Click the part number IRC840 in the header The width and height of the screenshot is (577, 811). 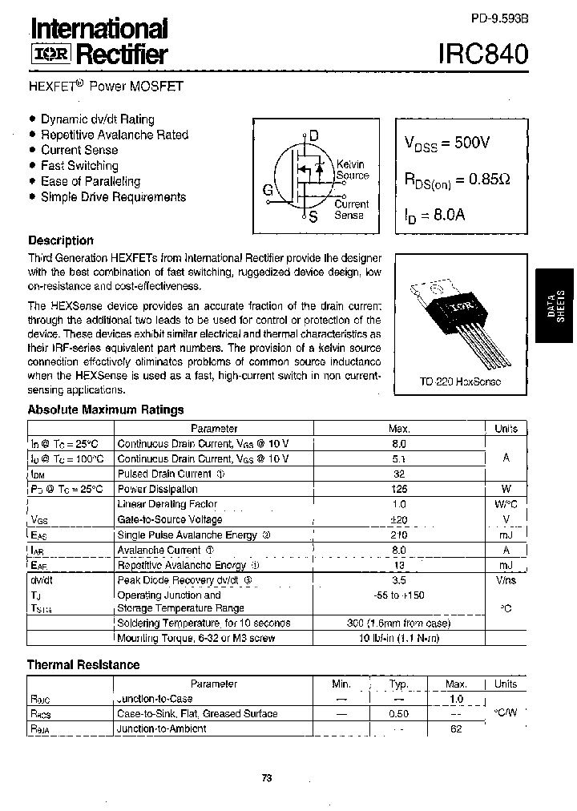pos(483,54)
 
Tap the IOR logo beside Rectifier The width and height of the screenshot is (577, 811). pos(50,55)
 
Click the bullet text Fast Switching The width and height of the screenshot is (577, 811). pos(79,166)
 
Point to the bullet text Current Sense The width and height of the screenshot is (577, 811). pos(79,150)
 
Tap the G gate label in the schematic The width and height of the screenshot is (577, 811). pos(267,191)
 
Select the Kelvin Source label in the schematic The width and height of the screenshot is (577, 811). pos(352,170)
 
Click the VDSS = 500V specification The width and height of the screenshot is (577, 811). pos(446,143)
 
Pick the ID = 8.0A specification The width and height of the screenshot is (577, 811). pos(434,214)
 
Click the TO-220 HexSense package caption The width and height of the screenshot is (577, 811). pos(459,381)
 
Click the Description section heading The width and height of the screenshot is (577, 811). pos(61,240)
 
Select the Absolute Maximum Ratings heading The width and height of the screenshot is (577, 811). pos(106,410)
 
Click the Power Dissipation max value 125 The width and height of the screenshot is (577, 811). pos(398,489)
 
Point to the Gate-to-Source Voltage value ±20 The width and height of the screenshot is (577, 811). pos(398,519)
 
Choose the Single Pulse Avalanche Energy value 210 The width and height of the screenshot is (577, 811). pos(398,535)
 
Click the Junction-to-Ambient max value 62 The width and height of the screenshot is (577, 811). pos(456,729)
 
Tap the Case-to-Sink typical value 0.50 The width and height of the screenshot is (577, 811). pos(398,714)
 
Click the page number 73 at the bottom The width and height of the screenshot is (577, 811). pos(268,777)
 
